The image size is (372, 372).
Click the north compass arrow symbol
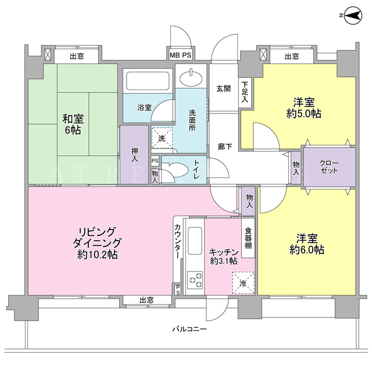pyautogui.click(x=353, y=16)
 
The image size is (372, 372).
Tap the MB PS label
pyautogui.click(x=180, y=55)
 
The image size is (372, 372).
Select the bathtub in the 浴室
pyautogui.click(x=148, y=81)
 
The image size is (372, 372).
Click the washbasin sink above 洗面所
pyautogui.click(x=191, y=77)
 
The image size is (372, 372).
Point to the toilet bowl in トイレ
pyautogui.click(x=176, y=169)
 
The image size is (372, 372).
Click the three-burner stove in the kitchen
pyautogui.click(x=195, y=280)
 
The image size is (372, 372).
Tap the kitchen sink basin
pyautogui.click(x=195, y=241)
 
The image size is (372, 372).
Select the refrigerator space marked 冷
pyautogui.click(x=243, y=283)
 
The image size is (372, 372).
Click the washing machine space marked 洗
pyautogui.click(x=162, y=138)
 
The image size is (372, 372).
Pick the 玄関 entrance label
pyautogui.click(x=223, y=89)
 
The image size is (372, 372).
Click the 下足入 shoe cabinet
pyautogui.click(x=245, y=93)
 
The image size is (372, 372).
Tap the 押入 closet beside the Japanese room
pyautogui.click(x=134, y=155)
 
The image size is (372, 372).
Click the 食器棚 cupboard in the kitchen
pyautogui.click(x=248, y=238)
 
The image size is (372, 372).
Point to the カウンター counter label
pyautogui.click(x=177, y=241)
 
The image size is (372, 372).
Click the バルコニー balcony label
pyautogui.click(x=189, y=329)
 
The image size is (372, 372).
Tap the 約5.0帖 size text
pyautogui.click(x=304, y=114)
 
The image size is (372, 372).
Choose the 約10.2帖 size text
pyautogui.click(x=97, y=255)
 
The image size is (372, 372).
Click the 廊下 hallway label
pyautogui.click(x=225, y=146)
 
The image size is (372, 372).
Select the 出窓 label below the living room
pyautogui.click(x=146, y=301)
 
